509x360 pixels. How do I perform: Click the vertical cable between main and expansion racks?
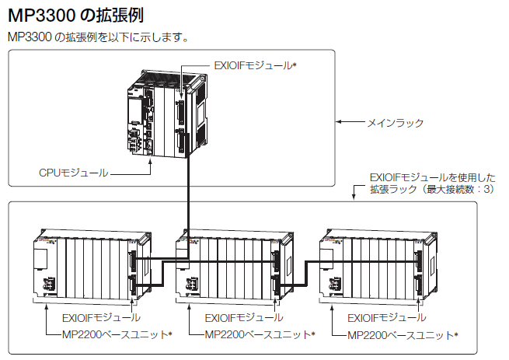coord(189,194)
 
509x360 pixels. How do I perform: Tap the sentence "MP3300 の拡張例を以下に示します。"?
coord(98,37)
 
